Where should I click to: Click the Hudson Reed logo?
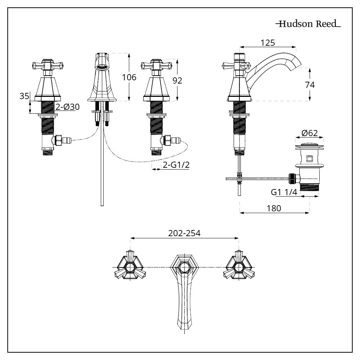[x=308, y=24]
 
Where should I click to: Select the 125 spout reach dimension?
[x=268, y=42]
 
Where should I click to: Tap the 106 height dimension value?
[x=129, y=77]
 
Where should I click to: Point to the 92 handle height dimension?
[x=177, y=80]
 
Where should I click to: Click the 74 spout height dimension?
[x=309, y=85]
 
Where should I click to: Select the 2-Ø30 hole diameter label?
[x=67, y=107]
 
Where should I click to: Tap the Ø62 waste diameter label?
[x=310, y=133]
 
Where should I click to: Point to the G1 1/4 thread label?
[x=284, y=192]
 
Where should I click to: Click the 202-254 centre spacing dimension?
[x=184, y=233]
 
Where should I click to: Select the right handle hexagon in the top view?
[x=238, y=267]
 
